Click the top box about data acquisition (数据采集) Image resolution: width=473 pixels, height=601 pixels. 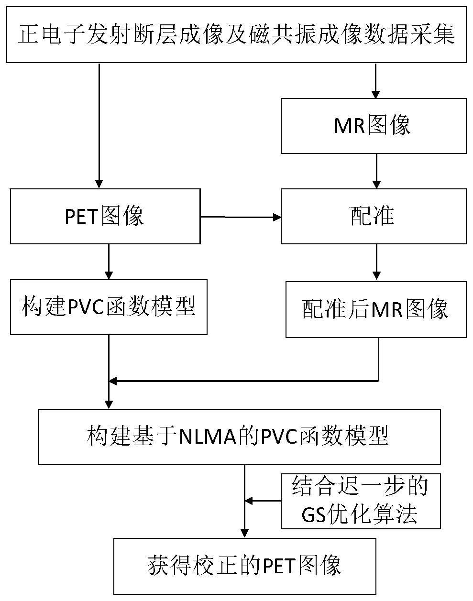pos(236,34)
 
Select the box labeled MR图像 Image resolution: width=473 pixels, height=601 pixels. pos(373,126)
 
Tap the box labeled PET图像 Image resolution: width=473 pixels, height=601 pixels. pos(105,217)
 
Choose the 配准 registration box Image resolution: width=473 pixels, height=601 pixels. pos(373,217)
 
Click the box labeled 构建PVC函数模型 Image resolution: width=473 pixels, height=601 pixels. pos(109,307)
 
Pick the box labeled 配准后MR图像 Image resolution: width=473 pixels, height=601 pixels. pos(376,309)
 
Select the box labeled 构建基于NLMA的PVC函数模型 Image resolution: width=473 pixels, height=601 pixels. pos(239,437)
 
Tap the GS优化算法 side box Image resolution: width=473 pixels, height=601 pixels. pos(360,501)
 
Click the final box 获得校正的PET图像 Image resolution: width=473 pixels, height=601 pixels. pos(244,566)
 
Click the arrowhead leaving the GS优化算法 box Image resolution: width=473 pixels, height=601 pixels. pos(249,501)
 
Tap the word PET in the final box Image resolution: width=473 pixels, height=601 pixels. pos(279,566)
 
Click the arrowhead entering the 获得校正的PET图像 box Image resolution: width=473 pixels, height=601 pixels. pos(244,533)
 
